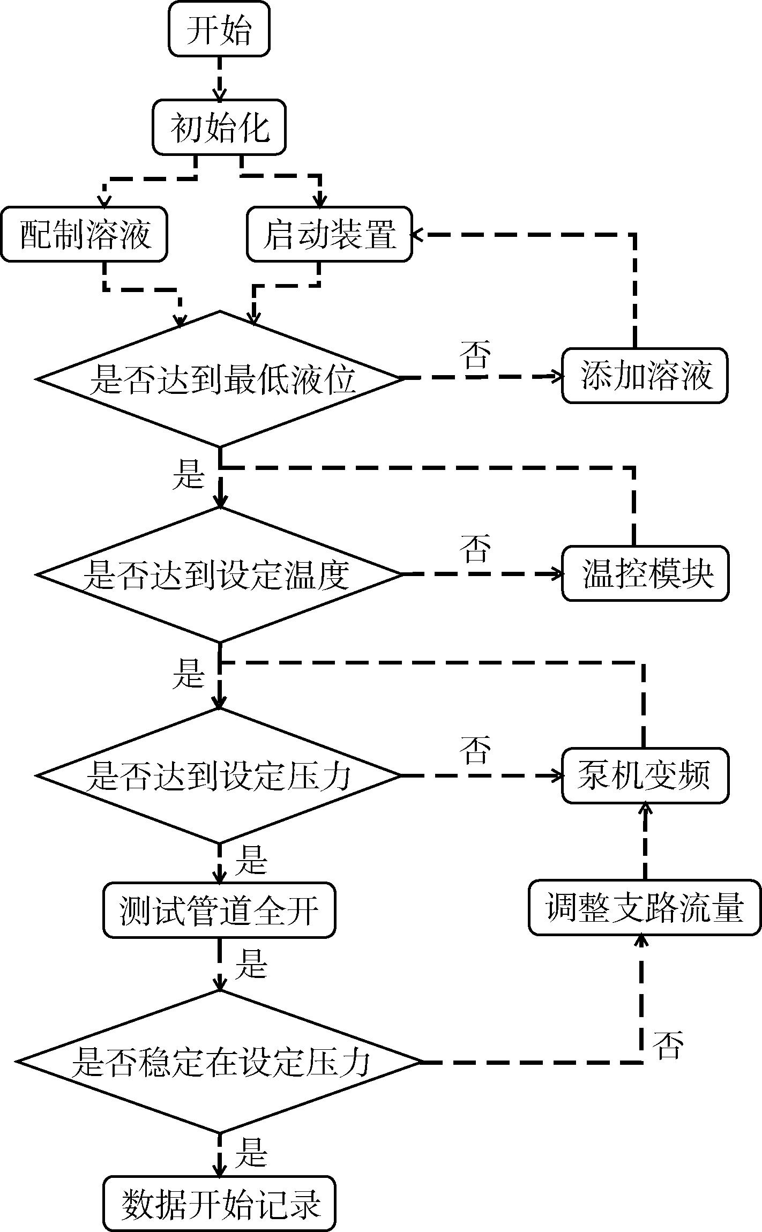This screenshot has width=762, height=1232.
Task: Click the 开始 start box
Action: [219, 29]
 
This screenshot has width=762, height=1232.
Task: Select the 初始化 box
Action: [219, 128]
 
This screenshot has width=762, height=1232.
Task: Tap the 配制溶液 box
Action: [84, 234]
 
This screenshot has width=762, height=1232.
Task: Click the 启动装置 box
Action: [330, 234]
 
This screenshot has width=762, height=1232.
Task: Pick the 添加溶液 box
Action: [645, 376]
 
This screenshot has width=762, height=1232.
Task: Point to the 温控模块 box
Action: [645, 573]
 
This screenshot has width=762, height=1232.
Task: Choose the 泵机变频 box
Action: [645, 775]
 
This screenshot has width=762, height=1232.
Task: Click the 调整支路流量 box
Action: [645, 907]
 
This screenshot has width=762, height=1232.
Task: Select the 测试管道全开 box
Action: [219, 910]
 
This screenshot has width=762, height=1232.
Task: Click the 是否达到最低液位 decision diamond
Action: [219, 378]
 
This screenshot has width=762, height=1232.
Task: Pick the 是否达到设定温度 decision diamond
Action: [219, 574]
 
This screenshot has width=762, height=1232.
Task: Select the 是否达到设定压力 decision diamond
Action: [219, 775]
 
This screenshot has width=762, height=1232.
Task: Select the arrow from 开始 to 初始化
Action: [219, 78]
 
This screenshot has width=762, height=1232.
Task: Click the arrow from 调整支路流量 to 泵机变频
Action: [645, 841]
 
